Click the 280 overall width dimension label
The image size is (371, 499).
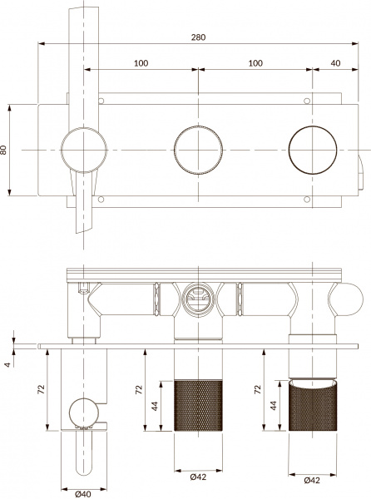[x=199, y=37]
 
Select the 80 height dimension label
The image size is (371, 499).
[x=5, y=150]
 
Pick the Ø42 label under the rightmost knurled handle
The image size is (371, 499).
[x=312, y=481]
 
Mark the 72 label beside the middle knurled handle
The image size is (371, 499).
[x=140, y=388]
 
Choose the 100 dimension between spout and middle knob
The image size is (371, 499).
[x=141, y=63]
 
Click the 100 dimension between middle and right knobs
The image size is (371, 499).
[x=255, y=63]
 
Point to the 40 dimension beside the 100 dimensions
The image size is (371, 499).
[x=335, y=63]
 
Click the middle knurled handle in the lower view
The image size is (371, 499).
[x=197, y=406]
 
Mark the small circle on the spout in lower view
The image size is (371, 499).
[x=84, y=412]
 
